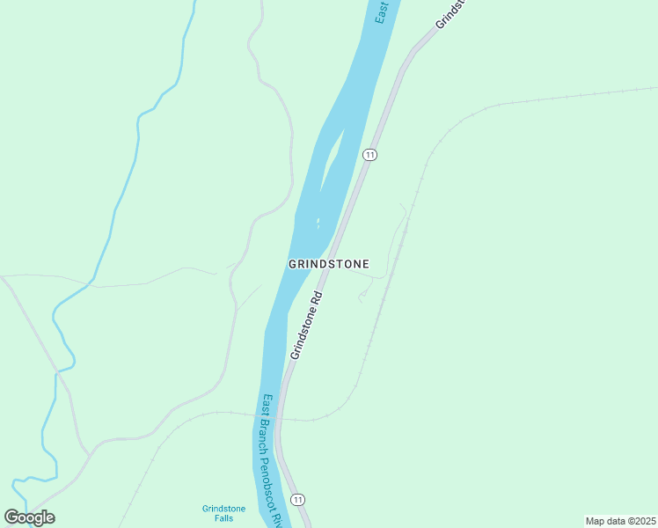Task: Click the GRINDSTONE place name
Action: pyautogui.click(x=328, y=264)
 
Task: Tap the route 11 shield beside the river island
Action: pyautogui.click(x=369, y=155)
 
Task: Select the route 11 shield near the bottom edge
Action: pyautogui.click(x=299, y=500)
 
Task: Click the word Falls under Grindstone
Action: pyautogui.click(x=224, y=518)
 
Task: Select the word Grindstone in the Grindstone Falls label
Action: pyautogui.click(x=224, y=509)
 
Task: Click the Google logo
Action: pyautogui.click(x=29, y=517)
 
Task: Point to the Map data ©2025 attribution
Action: pyautogui.click(x=620, y=521)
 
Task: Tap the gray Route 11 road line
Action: pyautogui.click(x=347, y=211)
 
